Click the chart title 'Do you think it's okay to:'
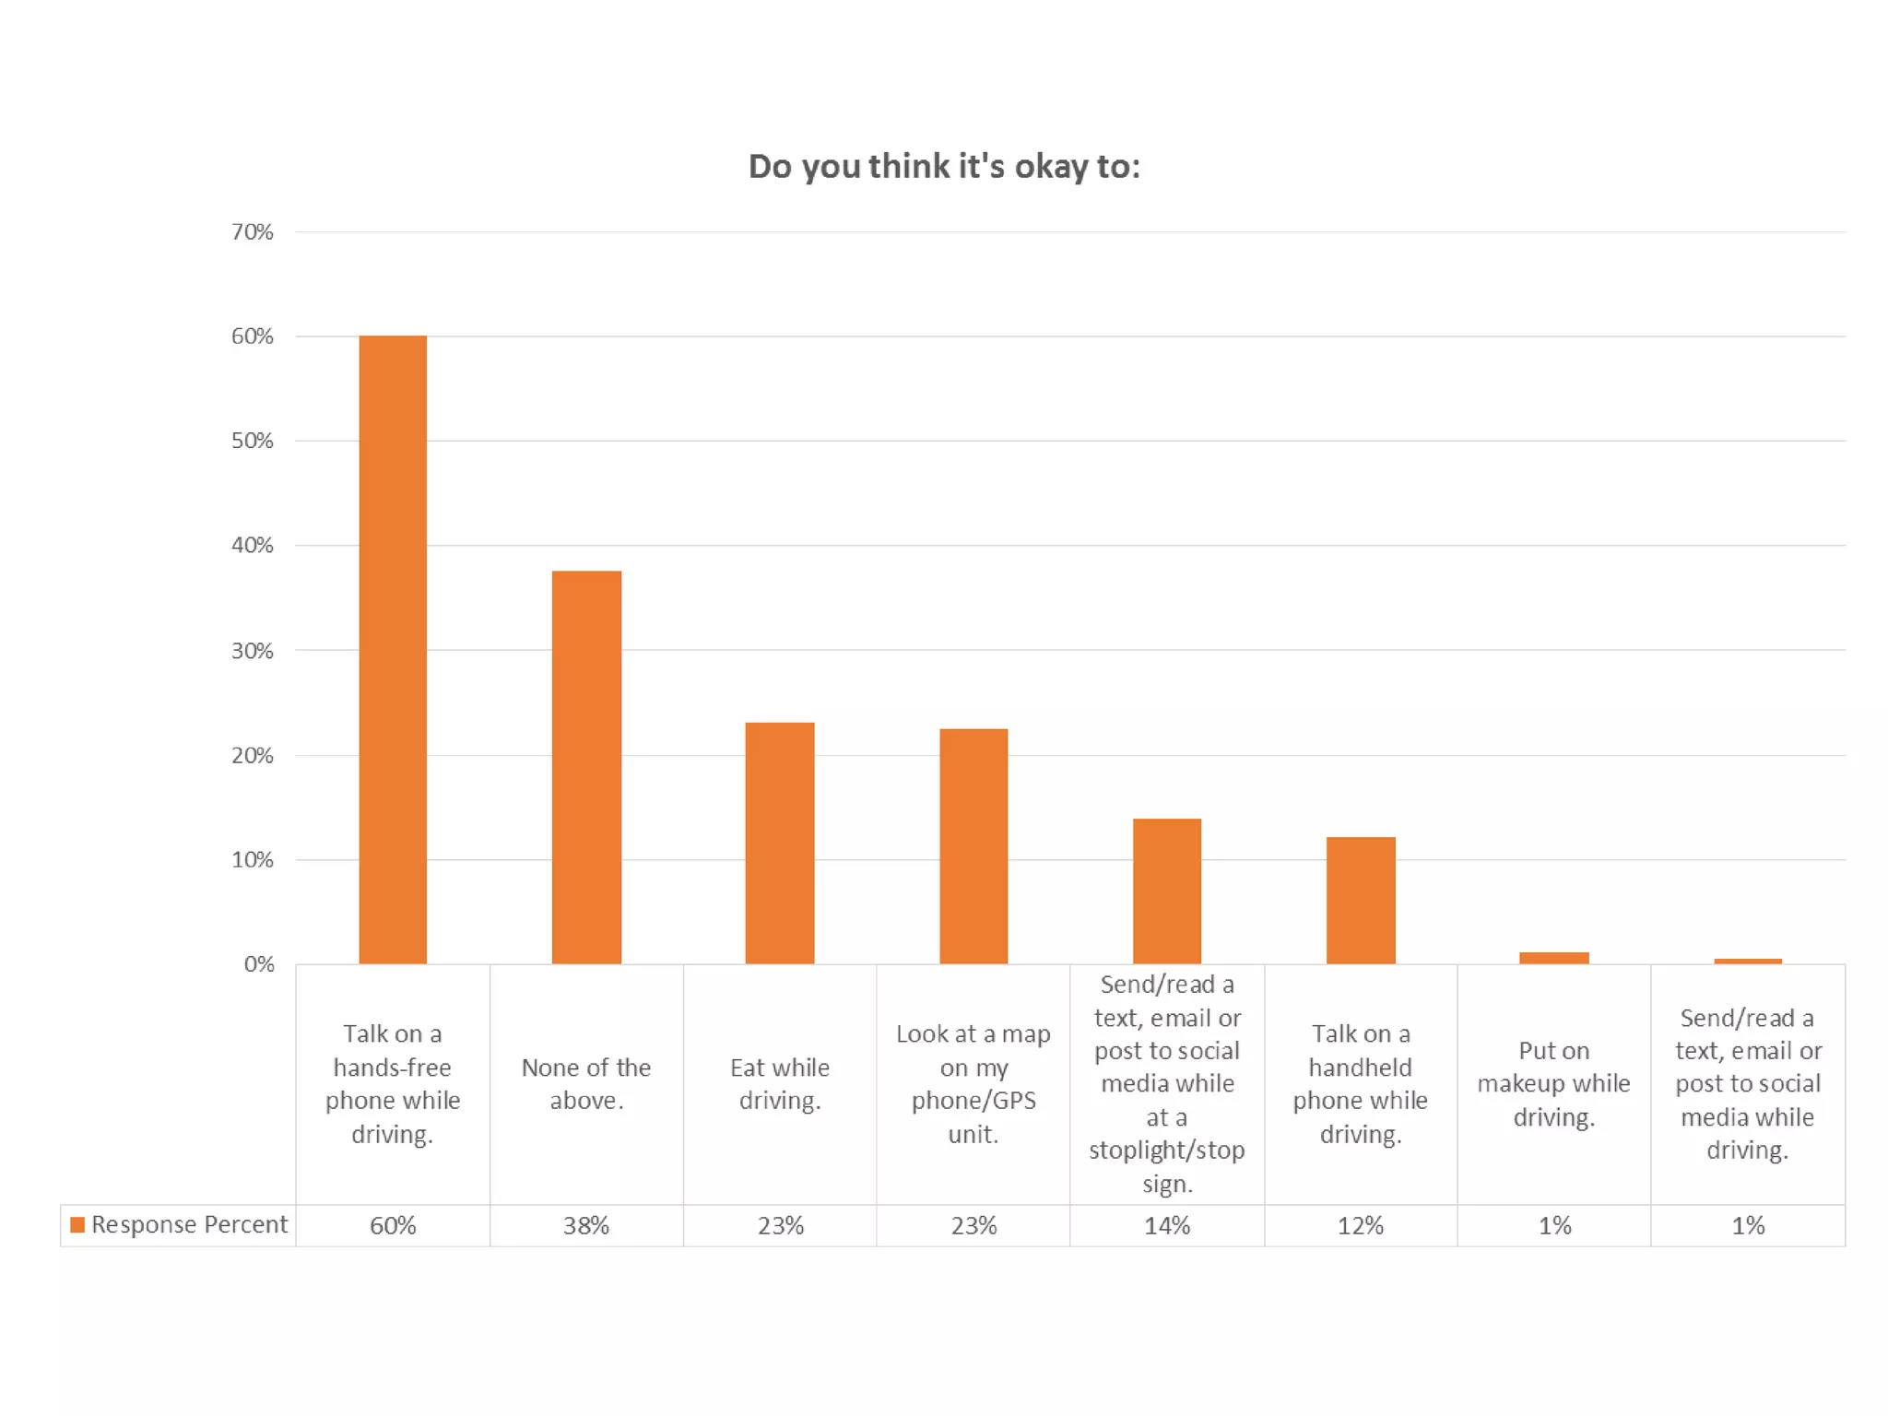[944, 167]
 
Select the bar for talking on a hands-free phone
[393, 650]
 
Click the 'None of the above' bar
[586, 767]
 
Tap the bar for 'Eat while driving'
[780, 843]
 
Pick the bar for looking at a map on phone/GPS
[973, 846]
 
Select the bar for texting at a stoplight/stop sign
[1167, 891]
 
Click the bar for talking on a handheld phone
[1361, 900]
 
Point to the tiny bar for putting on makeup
[1554, 958]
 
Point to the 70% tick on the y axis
[253, 232]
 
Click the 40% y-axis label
[253, 546]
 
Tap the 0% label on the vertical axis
[259, 964]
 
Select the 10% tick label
[253, 860]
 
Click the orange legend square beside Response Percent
[78, 1224]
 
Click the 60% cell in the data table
[393, 1225]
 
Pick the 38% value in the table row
[586, 1225]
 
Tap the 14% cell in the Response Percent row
[1167, 1225]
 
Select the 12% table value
[1361, 1225]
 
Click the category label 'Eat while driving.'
[780, 1084]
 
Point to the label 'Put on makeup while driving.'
[1554, 1084]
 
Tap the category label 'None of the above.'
[586, 1084]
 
